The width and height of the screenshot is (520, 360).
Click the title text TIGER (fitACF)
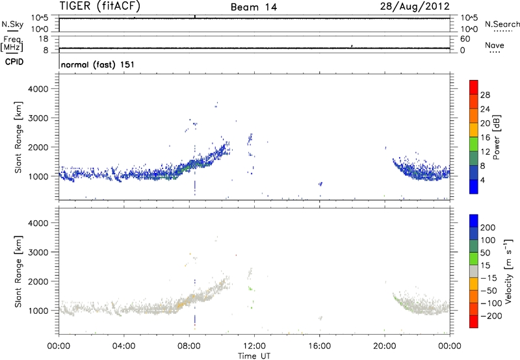pos(100,6)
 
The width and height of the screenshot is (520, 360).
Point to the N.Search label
pos(502,23)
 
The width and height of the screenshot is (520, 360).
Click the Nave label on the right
pos(495,45)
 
